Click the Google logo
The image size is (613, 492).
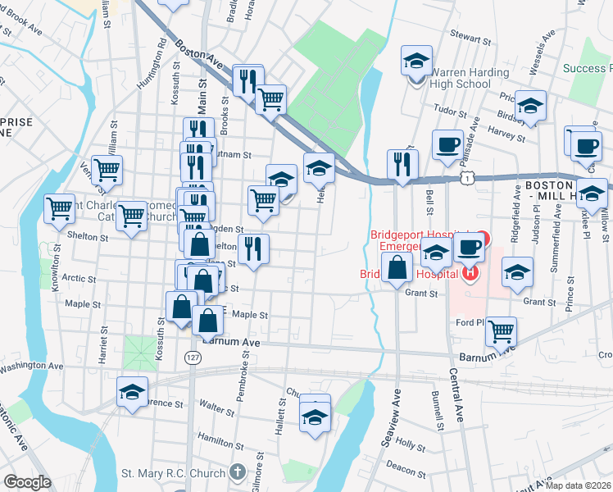(26, 482)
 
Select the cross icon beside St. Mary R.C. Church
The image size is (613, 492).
(237, 472)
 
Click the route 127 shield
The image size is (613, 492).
(193, 358)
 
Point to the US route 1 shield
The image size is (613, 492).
(465, 177)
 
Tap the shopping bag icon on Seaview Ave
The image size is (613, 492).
(397, 268)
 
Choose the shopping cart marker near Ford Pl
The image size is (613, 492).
(501, 332)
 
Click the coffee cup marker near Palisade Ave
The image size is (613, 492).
(447, 145)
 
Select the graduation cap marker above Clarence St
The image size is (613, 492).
(132, 392)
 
